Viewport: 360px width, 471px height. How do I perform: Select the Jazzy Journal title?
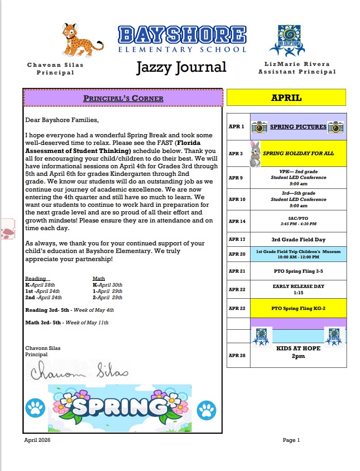click(181, 67)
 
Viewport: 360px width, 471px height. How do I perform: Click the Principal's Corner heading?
click(123, 98)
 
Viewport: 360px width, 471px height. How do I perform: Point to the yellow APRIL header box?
click(286, 97)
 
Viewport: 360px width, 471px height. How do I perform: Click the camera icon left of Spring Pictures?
click(259, 127)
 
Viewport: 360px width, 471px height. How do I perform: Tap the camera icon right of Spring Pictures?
click(336, 127)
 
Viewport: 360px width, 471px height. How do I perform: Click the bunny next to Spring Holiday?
click(255, 153)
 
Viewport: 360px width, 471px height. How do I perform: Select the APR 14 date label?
click(237, 222)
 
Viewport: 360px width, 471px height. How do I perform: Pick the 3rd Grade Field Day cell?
click(298, 240)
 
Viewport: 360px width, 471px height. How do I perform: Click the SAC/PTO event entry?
click(298, 221)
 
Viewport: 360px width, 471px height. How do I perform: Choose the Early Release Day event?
click(298, 289)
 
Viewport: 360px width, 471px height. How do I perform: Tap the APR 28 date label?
click(237, 355)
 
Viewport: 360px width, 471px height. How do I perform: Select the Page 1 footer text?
click(291, 440)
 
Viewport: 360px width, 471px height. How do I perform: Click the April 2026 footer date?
click(37, 440)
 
